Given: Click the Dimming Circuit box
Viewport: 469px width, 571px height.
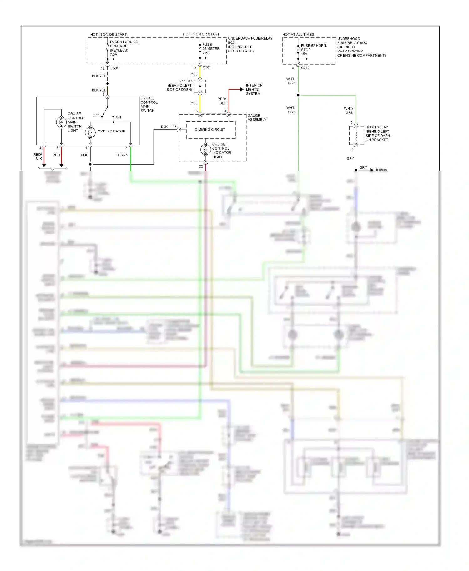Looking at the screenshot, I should [210, 130].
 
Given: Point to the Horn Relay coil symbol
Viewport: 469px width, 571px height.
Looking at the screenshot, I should [356, 135].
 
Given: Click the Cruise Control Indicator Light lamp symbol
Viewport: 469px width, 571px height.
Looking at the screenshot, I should [205, 150].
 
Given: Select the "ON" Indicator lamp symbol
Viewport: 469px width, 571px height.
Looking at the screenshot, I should [90, 132].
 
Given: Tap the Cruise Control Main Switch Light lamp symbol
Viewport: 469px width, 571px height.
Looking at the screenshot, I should [61, 122].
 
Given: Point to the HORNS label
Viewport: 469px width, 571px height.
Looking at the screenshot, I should [381, 170].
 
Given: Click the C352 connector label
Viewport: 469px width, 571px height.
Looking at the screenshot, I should [305, 68].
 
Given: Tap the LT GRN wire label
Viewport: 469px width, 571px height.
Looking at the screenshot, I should [122, 155].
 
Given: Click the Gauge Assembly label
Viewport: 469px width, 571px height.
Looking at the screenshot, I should [257, 117].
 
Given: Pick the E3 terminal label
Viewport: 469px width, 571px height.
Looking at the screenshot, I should [174, 126].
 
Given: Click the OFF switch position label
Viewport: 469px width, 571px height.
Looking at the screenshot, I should [96, 116].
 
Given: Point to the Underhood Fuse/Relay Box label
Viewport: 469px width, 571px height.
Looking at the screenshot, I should [361, 47].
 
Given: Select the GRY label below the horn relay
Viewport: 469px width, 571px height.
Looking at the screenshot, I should [350, 159].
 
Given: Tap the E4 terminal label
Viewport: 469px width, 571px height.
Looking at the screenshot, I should [224, 111].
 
